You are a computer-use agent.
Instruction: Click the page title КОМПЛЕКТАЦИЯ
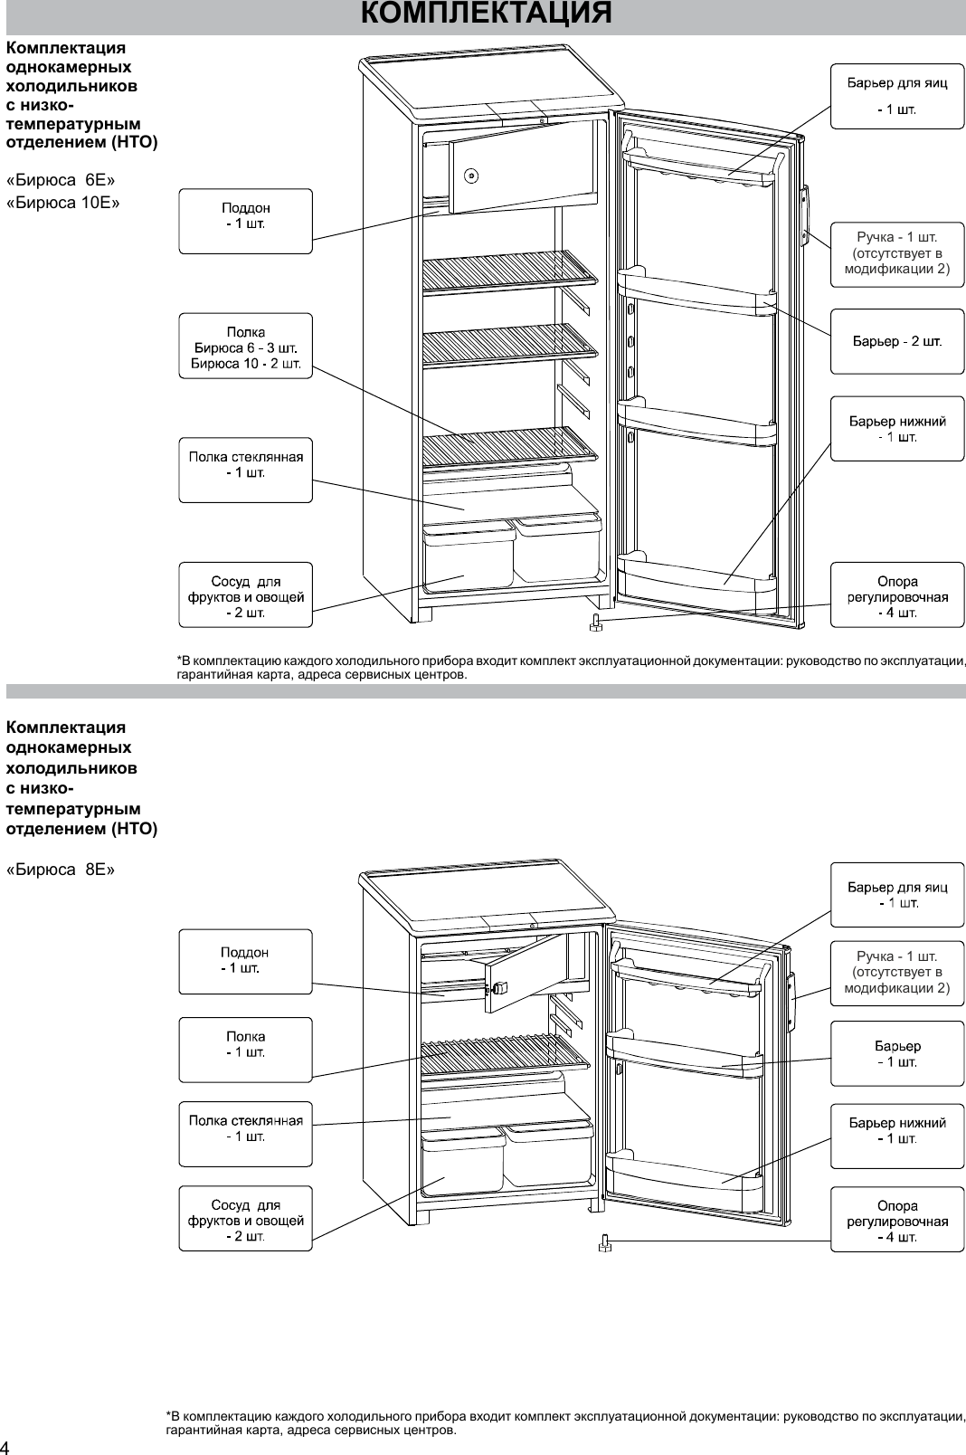(486, 14)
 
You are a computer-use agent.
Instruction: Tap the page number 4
(6, 1444)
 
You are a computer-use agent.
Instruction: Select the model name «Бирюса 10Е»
(63, 203)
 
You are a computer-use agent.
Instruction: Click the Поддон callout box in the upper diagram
(245, 221)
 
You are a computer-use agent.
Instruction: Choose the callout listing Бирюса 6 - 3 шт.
(245, 346)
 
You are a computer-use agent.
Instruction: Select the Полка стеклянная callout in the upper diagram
(245, 471)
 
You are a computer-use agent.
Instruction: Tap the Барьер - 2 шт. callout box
(897, 341)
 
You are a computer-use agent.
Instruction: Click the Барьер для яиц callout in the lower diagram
(897, 894)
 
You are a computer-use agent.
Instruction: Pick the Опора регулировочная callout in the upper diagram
(897, 595)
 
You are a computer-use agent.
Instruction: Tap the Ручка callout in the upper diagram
(897, 254)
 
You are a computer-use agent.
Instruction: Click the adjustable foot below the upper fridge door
(596, 623)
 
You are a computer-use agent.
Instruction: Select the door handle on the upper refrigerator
(804, 215)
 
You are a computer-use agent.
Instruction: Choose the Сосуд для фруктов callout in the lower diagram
(245, 1218)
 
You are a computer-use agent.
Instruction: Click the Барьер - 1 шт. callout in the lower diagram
(897, 1053)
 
